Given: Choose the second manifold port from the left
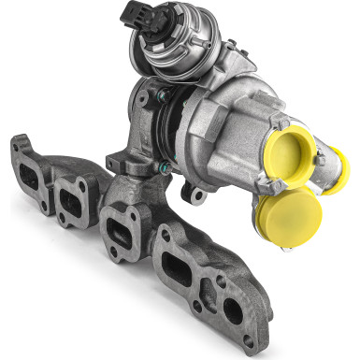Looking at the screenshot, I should (70, 199).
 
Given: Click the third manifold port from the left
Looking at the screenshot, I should (120, 231).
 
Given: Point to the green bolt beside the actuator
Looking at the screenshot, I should (164, 94).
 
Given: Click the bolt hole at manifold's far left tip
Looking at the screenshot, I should (18, 143).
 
